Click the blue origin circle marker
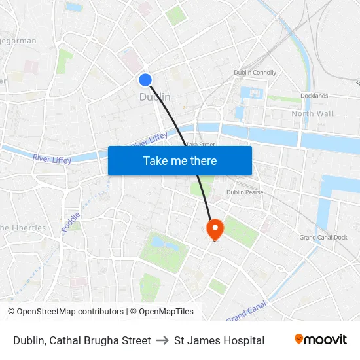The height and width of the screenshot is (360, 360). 145,80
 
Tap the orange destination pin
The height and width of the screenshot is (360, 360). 214,228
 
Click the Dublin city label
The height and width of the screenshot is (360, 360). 155,97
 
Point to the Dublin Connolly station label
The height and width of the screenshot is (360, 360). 255,73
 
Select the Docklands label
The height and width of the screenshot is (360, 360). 315,96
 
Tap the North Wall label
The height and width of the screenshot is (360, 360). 312,113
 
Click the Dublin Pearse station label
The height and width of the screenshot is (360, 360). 244,192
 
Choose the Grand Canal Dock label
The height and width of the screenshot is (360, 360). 323,237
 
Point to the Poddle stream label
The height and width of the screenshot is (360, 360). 71,221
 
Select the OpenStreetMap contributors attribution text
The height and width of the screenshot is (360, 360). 70,312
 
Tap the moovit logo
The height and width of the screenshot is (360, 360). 321,339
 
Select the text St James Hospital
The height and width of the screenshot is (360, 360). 219,340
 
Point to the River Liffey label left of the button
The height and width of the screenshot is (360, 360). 52,157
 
